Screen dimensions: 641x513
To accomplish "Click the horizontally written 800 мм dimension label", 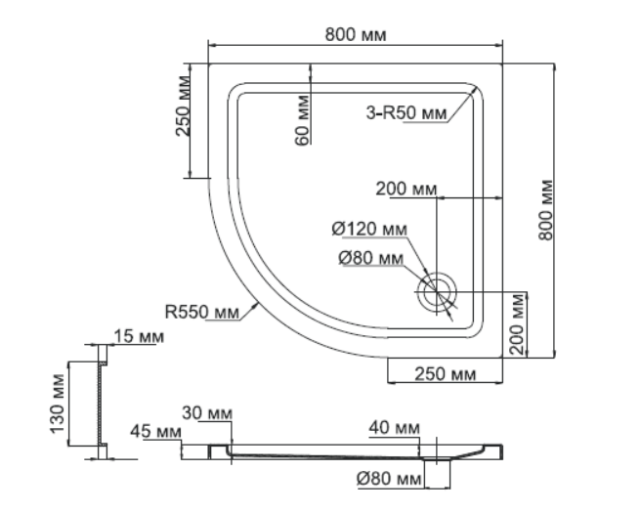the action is tap(356, 35).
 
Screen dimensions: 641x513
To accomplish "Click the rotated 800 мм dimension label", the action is tap(546, 210).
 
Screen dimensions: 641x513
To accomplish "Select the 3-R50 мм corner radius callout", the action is tap(406, 112).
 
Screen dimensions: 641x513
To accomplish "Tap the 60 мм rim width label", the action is tap(302, 120).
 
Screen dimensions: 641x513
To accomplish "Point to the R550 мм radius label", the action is tap(201, 312).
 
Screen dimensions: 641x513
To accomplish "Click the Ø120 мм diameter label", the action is tap(369, 229).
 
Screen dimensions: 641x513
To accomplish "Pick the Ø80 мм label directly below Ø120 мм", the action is tap(370, 258).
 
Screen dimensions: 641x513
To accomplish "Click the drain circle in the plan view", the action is tap(436, 292).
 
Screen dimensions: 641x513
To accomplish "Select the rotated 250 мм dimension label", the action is tap(183, 106).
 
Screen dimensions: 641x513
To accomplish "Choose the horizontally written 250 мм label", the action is tap(446, 373).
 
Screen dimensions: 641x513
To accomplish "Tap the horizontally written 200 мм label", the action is tap(406, 189).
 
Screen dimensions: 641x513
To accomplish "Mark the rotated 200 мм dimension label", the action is tap(517, 323).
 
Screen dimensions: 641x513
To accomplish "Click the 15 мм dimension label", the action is tap(139, 336).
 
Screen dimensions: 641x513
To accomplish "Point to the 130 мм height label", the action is tap(58, 404).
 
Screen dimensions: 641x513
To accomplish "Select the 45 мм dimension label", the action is tap(155, 431).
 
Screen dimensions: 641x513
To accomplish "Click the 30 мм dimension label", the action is tap(207, 413).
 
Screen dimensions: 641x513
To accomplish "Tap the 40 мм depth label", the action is tap(394, 428).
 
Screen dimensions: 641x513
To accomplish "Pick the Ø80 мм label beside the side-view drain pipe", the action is tap(388, 478).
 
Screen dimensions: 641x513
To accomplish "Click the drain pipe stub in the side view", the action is tap(438, 473).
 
